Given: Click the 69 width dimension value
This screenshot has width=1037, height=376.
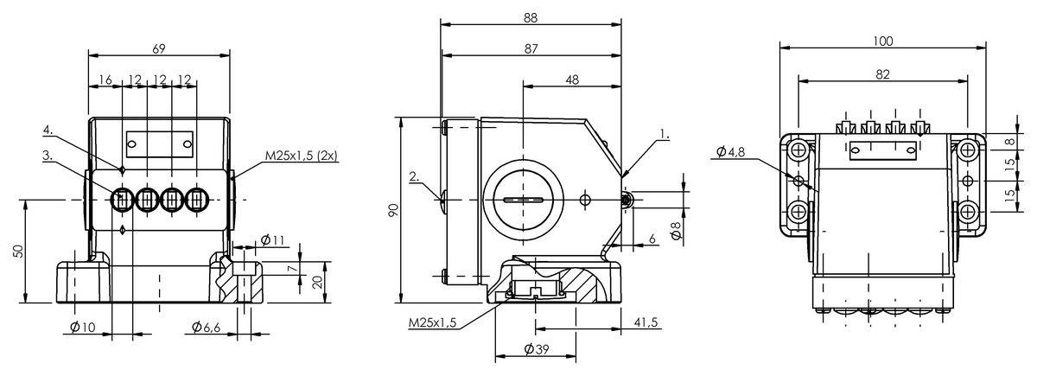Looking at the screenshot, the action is click(159, 48).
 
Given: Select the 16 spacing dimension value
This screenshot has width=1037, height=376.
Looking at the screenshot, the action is click(105, 80).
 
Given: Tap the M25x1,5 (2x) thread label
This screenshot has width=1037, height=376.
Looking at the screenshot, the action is click(301, 156).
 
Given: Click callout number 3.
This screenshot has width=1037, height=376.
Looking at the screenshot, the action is click(48, 155).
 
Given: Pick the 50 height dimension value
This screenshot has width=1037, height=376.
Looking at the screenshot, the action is click(17, 251).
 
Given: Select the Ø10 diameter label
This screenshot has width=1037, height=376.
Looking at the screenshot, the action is click(83, 328).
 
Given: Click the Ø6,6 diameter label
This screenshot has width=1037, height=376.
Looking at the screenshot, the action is click(206, 328).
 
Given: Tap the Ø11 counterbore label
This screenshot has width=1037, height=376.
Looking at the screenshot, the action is click(272, 240).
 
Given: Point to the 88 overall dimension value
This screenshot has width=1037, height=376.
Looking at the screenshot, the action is click(531, 17).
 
